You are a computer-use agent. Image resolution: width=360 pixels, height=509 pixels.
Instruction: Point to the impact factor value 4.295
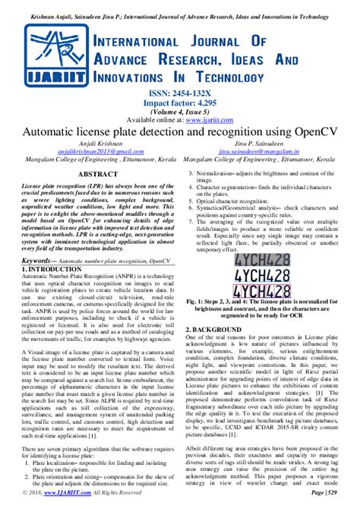pos(207,102)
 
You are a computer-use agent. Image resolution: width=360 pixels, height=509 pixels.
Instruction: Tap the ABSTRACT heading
pos(90,174)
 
